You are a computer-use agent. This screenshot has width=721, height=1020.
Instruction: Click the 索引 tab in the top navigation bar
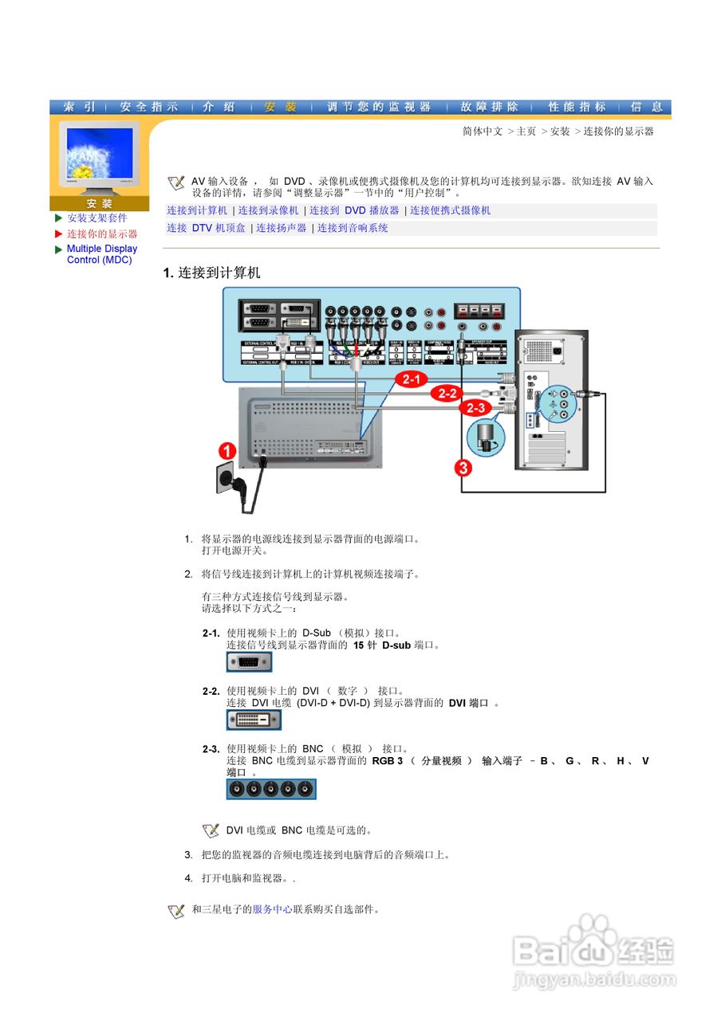(x=80, y=107)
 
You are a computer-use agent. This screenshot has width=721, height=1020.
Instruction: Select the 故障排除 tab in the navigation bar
(x=489, y=107)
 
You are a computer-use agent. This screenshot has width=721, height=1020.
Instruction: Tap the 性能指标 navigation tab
(x=577, y=107)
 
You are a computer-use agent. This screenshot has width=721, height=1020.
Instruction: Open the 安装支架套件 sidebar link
(x=97, y=218)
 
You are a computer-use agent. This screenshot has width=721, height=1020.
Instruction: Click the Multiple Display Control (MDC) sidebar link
(x=101, y=254)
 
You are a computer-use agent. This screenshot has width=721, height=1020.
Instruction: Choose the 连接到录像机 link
(x=268, y=210)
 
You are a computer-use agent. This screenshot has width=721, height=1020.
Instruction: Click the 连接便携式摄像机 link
(x=450, y=210)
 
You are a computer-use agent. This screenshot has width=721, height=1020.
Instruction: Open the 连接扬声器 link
(x=281, y=228)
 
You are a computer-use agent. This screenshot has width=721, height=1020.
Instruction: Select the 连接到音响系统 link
(x=353, y=228)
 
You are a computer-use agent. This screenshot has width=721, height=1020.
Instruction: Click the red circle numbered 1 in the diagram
(x=227, y=452)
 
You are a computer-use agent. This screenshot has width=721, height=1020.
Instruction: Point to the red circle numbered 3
(x=463, y=467)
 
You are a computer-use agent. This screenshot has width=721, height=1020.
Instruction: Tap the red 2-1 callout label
(x=414, y=379)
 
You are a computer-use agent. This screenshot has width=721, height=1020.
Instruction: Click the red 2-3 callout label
(x=475, y=408)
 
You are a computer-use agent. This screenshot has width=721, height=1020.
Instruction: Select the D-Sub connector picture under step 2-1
(x=249, y=662)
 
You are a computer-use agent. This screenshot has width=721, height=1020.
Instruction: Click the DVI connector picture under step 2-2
(x=254, y=720)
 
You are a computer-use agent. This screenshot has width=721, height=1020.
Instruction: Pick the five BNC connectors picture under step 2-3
(x=271, y=789)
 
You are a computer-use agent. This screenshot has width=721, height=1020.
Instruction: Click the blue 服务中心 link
(x=272, y=909)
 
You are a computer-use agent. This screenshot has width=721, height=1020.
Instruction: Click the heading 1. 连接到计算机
(x=211, y=273)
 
